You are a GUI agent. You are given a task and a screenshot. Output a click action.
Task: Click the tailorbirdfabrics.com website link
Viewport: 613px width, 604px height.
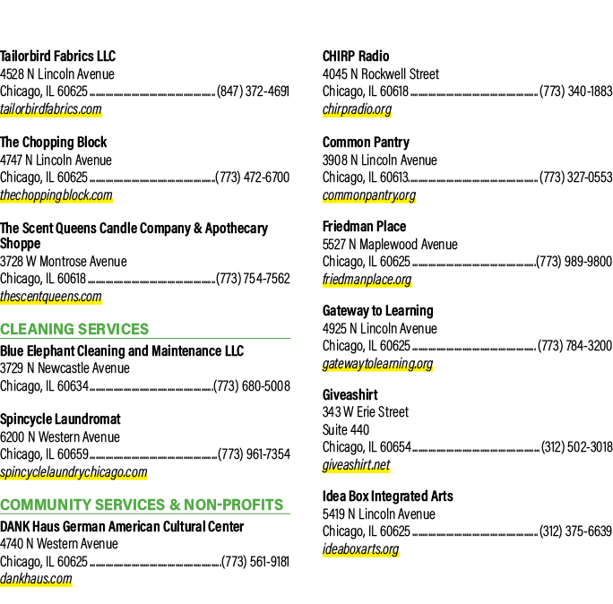click(x=51, y=108)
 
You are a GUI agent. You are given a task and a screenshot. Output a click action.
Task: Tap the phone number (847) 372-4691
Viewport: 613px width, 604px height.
click(x=253, y=91)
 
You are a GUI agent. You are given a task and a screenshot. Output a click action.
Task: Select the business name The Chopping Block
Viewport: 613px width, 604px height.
click(x=54, y=142)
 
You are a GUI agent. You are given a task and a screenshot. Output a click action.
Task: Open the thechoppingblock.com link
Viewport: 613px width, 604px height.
click(x=56, y=194)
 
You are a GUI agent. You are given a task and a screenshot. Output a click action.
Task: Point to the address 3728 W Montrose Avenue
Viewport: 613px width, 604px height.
click(x=64, y=261)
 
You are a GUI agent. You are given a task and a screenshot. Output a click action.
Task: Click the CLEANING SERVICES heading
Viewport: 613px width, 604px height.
click(x=74, y=329)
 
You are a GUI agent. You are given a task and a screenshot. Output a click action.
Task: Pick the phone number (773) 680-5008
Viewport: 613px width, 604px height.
click(x=252, y=386)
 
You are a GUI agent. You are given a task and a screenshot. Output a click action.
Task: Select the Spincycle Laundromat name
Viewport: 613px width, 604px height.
click(x=60, y=419)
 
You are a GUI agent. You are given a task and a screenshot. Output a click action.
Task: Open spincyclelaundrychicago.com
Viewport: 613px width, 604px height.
click(x=73, y=472)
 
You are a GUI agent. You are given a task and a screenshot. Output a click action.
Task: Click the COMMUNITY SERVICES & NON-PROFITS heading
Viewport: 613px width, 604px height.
click(x=142, y=505)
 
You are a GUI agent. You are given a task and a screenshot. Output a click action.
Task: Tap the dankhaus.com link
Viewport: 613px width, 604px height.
click(x=36, y=578)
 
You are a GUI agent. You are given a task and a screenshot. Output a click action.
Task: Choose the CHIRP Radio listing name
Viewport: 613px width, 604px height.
click(x=356, y=56)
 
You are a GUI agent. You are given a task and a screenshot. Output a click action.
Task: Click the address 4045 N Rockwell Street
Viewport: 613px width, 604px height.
click(x=381, y=73)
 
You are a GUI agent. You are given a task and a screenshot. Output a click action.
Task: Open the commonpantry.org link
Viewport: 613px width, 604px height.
click(x=369, y=194)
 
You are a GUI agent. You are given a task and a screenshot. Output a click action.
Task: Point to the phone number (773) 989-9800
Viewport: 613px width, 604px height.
click(x=574, y=261)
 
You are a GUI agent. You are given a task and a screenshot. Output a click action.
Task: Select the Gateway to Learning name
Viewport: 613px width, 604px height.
click(x=378, y=310)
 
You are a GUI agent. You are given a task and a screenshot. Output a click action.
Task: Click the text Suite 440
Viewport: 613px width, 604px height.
click(x=346, y=429)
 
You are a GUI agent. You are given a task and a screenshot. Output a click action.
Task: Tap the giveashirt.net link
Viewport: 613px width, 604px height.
click(x=356, y=465)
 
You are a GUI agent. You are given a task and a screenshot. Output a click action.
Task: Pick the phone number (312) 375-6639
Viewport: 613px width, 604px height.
click(x=575, y=531)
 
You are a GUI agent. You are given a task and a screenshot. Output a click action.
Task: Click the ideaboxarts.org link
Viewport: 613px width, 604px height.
click(x=361, y=548)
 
